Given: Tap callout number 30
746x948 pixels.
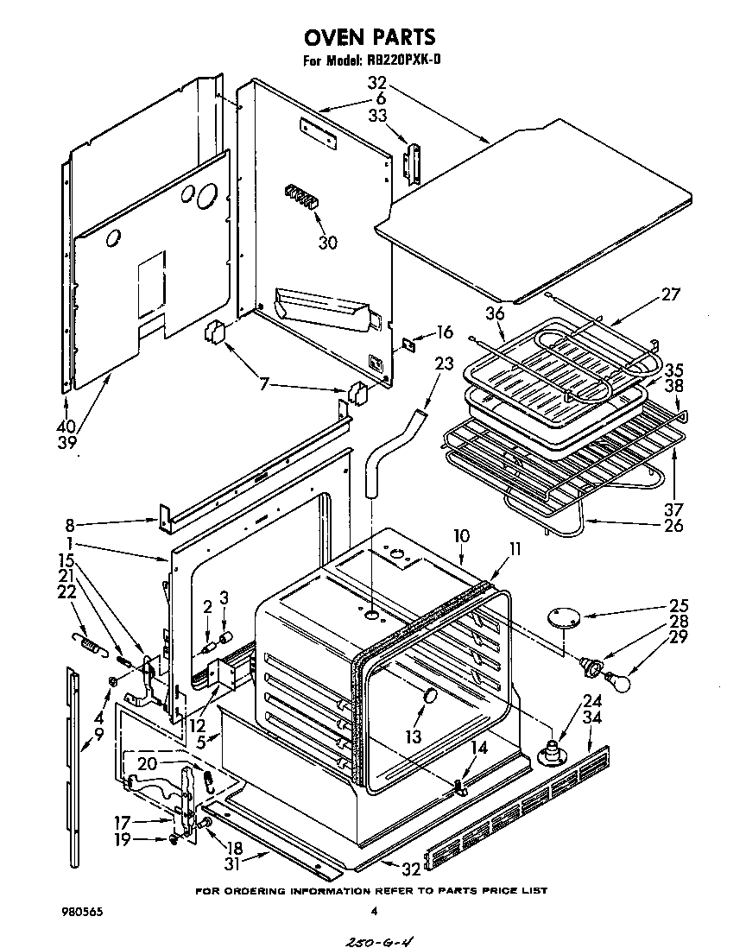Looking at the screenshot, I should pyautogui.click(x=327, y=243).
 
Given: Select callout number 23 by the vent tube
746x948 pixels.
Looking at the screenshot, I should pyautogui.click(x=444, y=364).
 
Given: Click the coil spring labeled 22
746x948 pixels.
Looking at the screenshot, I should pyautogui.click(x=86, y=641).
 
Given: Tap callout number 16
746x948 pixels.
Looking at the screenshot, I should pyautogui.click(x=445, y=332).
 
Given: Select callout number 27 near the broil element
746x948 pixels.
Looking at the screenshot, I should pyautogui.click(x=670, y=294).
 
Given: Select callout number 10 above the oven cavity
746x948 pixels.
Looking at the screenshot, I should pyautogui.click(x=461, y=536).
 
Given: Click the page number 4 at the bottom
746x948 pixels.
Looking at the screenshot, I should pyautogui.click(x=374, y=911).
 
